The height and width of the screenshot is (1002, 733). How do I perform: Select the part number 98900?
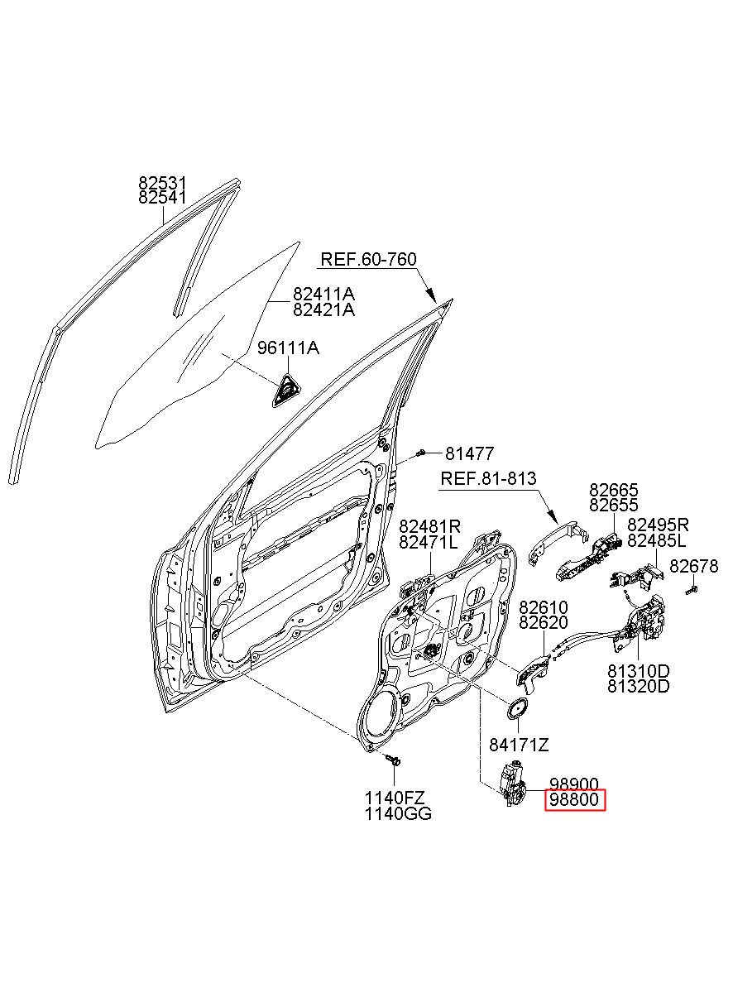[x=574, y=784]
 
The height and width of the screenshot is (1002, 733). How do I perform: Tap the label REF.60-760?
[x=368, y=260]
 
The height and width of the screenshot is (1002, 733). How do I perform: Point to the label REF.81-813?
[x=488, y=478]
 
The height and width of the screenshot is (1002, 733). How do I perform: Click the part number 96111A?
[x=288, y=348]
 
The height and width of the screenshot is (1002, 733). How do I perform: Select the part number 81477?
[x=470, y=454]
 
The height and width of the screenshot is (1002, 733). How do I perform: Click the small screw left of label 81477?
[x=420, y=453]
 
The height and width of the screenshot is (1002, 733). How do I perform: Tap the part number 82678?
[x=693, y=566]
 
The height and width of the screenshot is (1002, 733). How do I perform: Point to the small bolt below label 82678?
[x=692, y=590]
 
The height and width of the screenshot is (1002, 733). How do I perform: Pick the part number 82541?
[x=162, y=197]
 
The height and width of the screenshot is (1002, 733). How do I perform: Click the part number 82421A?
[x=323, y=309]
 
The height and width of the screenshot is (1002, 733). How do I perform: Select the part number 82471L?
[x=429, y=543]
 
